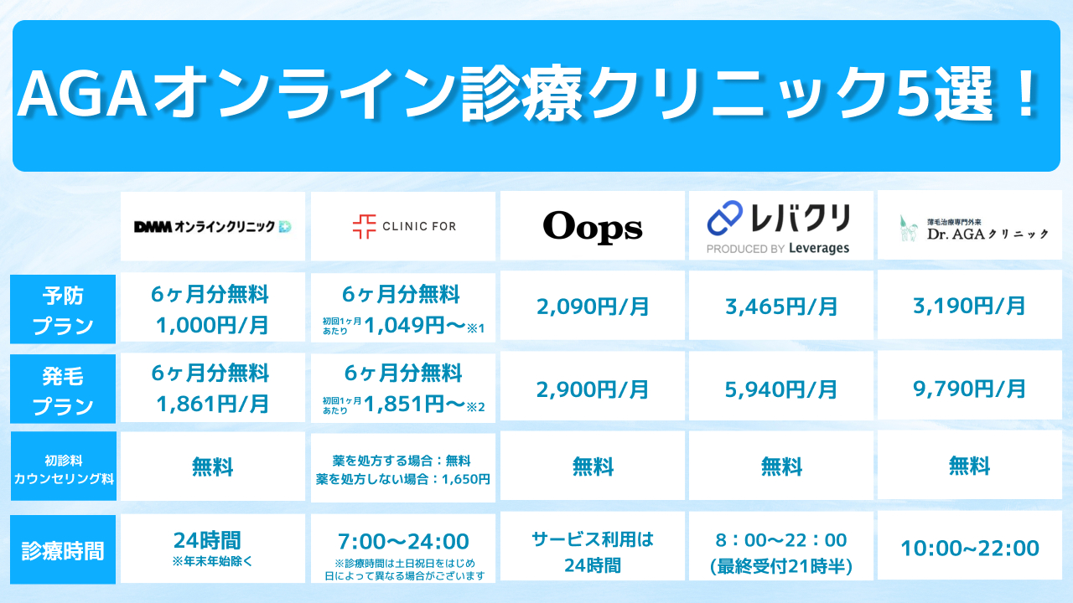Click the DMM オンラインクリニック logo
pos(213,226)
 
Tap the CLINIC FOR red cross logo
pos(364,226)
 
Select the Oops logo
pos(593,227)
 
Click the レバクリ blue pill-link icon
pos(725,218)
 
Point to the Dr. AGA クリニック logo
pos(973,229)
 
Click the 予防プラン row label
pos(63,309)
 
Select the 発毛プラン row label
pos(63,389)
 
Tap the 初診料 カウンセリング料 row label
pos(63,466)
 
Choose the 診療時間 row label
pos(63,550)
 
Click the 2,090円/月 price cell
pos(593,307)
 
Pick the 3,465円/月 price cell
pos(781,307)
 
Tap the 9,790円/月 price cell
pos(970,388)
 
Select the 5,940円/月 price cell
pos(781,389)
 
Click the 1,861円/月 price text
pos(213,404)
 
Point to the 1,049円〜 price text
pos(415,326)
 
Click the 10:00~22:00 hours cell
pos(970,548)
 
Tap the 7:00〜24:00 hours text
pos(403,541)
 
